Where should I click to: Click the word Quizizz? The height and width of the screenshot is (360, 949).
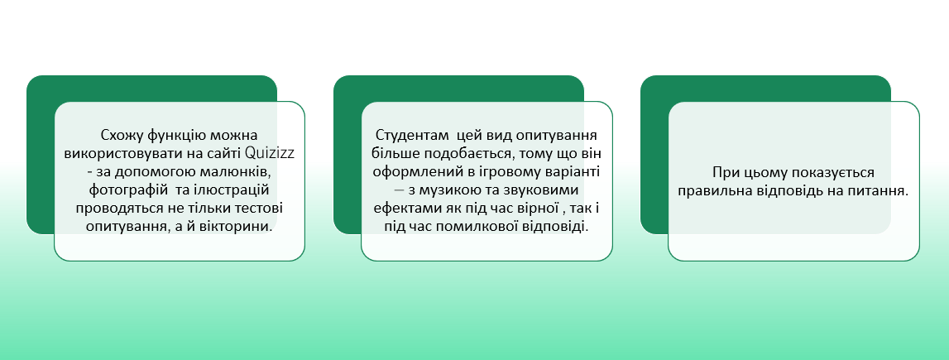[271, 152]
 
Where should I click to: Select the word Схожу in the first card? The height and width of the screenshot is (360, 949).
[120, 134]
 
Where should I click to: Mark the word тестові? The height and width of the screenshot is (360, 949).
[258, 208]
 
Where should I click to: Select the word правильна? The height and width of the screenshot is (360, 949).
[713, 190]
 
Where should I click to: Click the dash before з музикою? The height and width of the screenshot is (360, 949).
[398, 190]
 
